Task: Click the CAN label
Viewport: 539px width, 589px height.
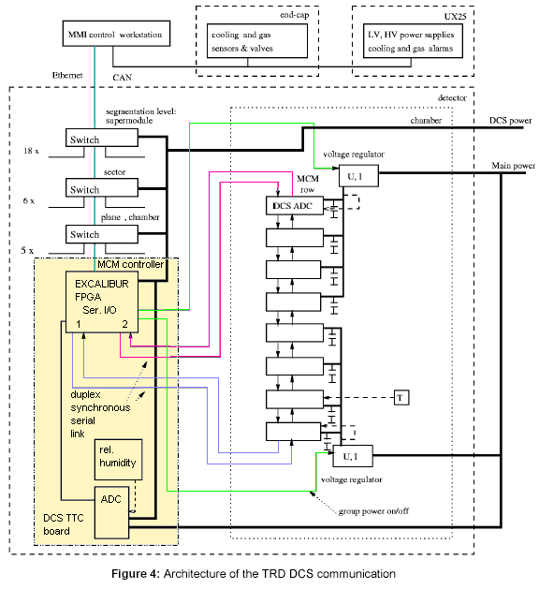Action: [x=123, y=78]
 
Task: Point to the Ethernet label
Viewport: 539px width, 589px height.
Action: [x=67, y=75]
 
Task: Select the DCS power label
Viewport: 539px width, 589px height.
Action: [x=511, y=121]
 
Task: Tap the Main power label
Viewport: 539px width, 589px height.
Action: [x=513, y=166]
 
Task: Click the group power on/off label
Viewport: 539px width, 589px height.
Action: [x=373, y=511]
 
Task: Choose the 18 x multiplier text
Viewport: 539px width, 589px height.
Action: [x=31, y=151]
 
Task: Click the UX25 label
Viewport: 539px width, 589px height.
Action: [x=455, y=17]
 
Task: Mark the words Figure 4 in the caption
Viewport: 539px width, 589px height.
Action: [x=136, y=574]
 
